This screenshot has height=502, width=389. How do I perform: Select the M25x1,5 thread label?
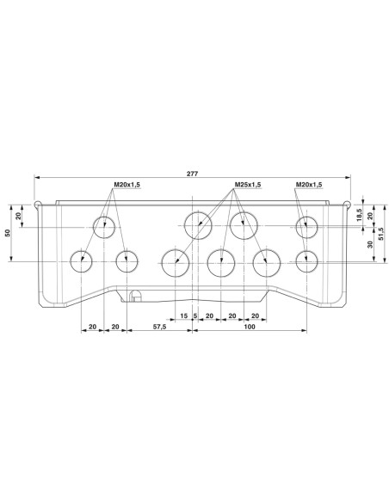(x=248, y=185)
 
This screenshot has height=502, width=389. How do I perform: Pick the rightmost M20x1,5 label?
(x=308, y=185)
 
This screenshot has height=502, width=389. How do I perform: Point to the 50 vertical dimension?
(x=9, y=233)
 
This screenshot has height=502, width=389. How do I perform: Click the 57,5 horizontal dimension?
(x=158, y=328)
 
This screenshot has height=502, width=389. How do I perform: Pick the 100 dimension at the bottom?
(x=250, y=328)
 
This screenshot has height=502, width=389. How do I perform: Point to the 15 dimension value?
(x=184, y=315)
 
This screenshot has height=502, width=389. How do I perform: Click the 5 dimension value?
(x=196, y=315)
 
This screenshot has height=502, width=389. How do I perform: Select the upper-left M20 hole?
(x=105, y=228)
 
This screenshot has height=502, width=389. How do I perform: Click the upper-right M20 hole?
(x=305, y=228)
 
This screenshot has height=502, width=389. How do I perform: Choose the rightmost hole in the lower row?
(x=305, y=261)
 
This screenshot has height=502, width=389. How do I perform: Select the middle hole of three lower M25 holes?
(x=221, y=261)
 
